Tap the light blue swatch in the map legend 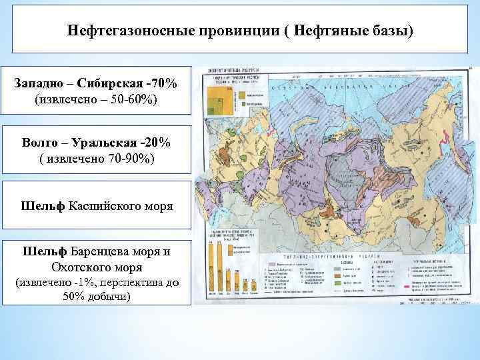[x=339, y=282]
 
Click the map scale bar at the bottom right [x=433, y=302]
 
